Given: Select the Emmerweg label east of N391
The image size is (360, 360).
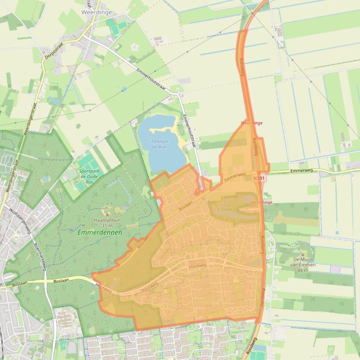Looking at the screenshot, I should (302, 171).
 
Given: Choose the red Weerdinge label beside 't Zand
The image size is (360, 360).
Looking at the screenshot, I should (261, 202).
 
